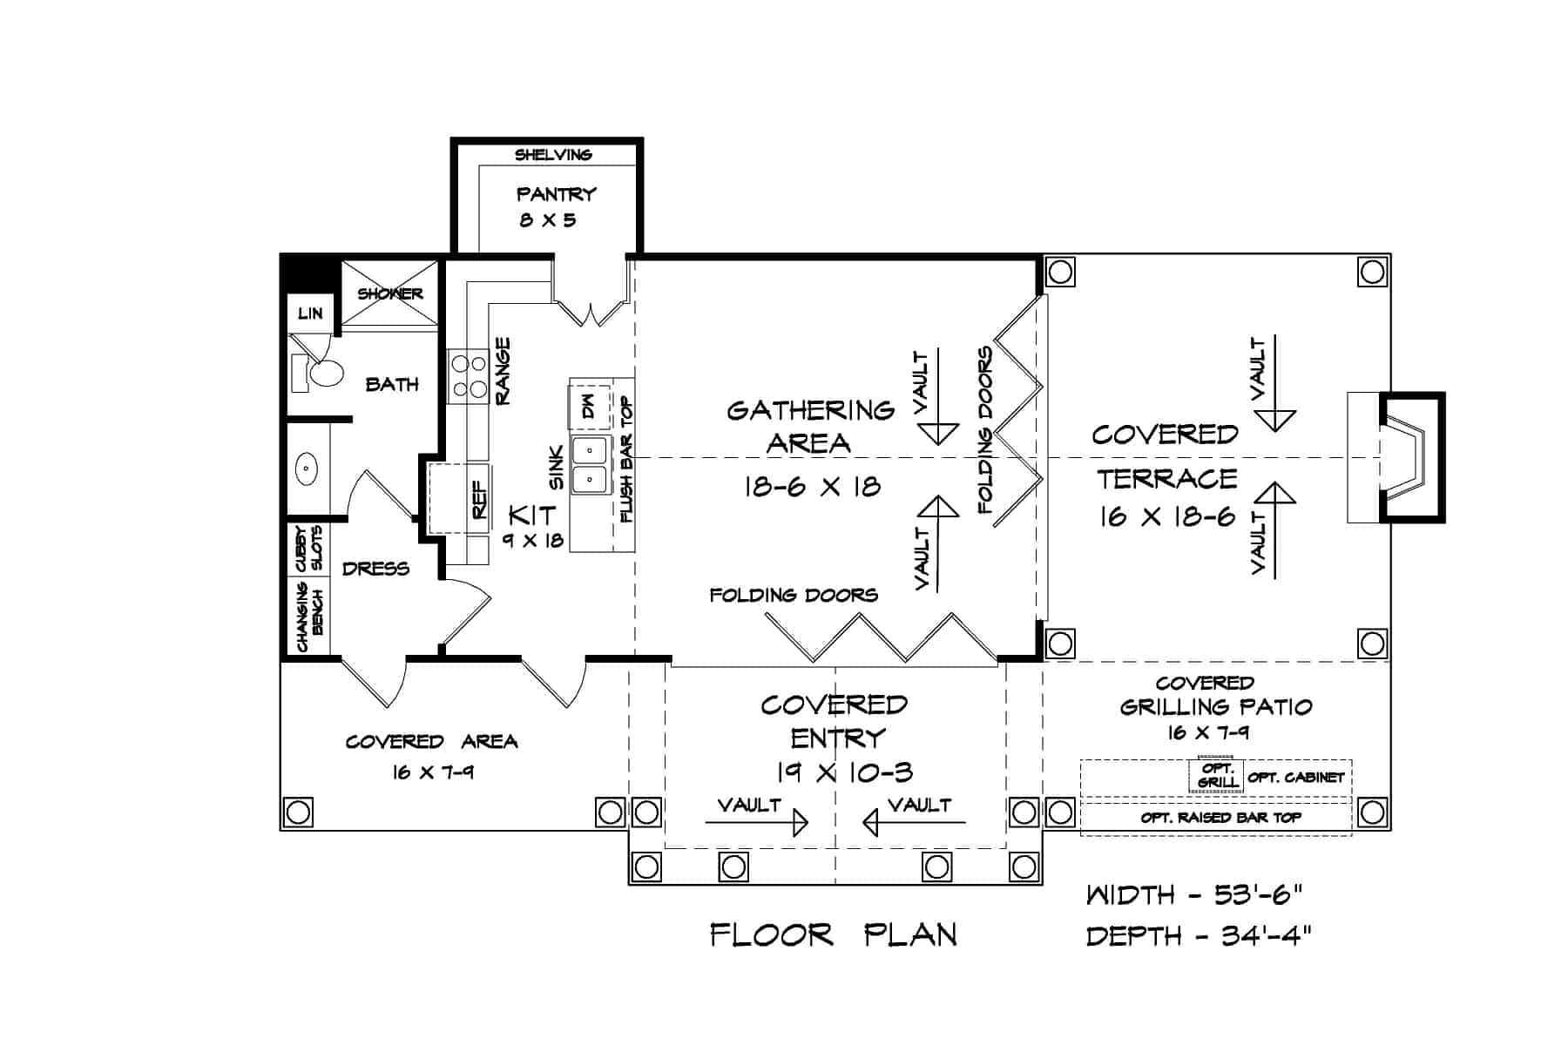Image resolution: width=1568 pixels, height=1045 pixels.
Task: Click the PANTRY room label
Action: pos(556,193)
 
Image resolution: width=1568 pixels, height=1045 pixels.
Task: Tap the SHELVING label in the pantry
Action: pos(553,155)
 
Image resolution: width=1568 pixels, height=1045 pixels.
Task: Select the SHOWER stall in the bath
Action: pos(389,293)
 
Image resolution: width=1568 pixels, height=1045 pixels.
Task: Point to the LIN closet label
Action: pos(310,313)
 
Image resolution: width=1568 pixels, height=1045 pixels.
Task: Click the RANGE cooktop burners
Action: pos(468,376)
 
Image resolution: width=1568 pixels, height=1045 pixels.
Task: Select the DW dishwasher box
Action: pos(590,404)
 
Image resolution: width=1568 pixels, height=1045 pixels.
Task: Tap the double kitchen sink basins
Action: pos(590,464)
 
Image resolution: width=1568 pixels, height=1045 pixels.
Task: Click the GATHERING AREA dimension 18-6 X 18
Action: pos(812,486)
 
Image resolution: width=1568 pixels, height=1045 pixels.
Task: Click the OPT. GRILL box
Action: pos(1215,775)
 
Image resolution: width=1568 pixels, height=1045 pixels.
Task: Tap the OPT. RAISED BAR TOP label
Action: pos(1220,818)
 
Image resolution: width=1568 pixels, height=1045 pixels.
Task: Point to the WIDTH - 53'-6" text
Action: pos(1194,894)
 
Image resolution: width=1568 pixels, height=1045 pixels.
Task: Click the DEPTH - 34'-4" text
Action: pos(1199,936)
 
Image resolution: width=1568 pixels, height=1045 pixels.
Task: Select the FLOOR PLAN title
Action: pos(834,935)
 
